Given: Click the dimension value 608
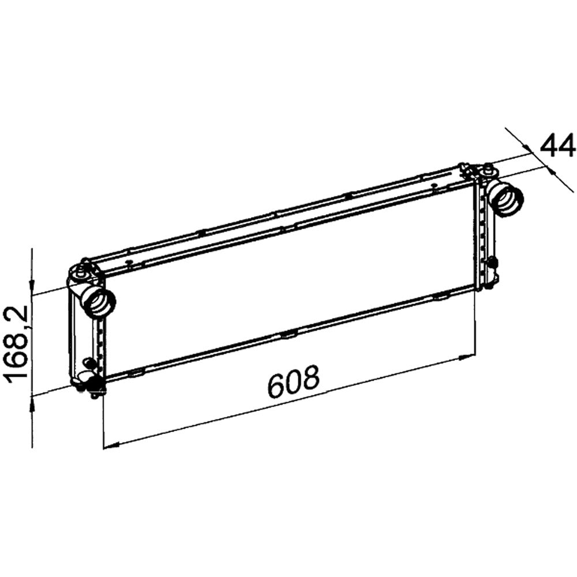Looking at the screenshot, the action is tap(293, 381).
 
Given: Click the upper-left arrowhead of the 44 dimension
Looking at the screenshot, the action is tap(528, 148).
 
